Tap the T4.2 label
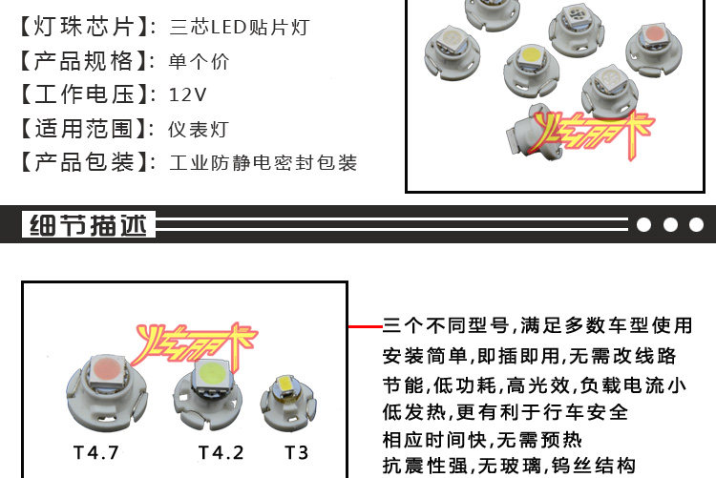[x=221, y=450]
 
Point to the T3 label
[x=297, y=450]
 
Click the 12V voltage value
[x=187, y=94]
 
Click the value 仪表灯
[x=199, y=129]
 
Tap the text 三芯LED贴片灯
[x=239, y=28]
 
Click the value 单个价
[x=199, y=62]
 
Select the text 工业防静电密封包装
[x=263, y=163]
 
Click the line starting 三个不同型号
[x=537, y=326]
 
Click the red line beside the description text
[x=365, y=326]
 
